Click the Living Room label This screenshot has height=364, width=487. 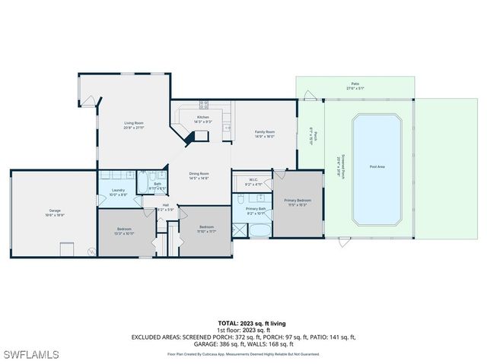pos(134,123)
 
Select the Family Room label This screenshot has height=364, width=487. pos(264,132)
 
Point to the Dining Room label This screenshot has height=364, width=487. pos(199,174)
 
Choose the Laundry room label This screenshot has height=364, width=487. pos(117,191)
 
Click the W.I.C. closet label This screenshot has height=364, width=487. pos(253,181)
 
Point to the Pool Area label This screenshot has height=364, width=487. pos(377,166)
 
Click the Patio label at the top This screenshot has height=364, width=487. pos(355,84)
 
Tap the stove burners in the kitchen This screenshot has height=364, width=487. pos(205,105)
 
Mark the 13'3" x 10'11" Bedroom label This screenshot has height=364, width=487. pos(124,229)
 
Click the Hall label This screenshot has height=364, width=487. pos(165,204)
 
